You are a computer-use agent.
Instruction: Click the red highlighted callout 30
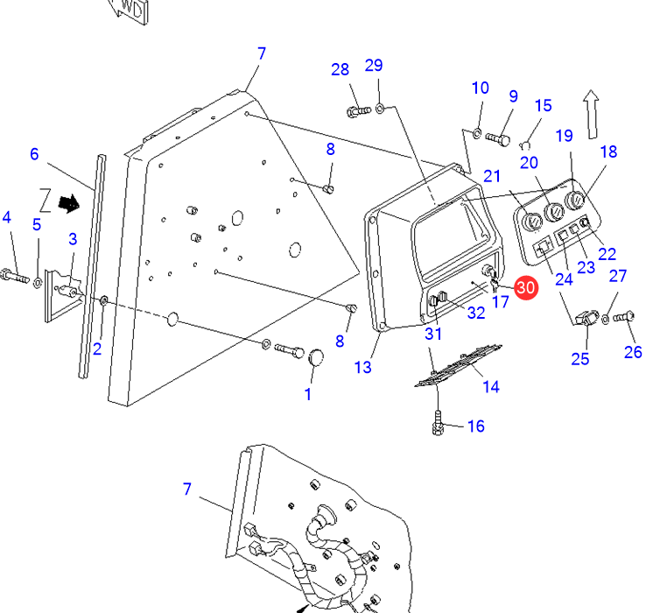(525, 287)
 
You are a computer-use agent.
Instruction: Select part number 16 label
(475, 426)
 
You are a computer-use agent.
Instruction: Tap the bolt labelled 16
(438, 426)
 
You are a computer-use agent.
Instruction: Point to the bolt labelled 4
(12, 277)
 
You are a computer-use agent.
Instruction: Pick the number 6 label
(34, 155)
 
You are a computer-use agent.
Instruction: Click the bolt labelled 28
(357, 111)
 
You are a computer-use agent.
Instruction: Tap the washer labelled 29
(381, 109)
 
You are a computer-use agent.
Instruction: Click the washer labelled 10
(477, 134)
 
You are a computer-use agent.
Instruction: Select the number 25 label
(580, 358)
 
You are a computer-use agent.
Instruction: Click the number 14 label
(491, 385)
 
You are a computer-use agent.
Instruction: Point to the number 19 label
(564, 135)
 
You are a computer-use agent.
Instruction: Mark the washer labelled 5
(38, 283)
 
